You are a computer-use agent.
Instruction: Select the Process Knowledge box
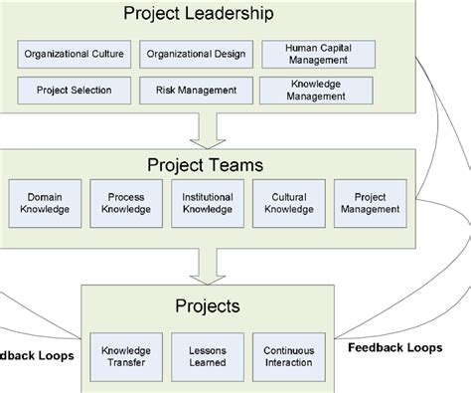pyautogui.click(x=125, y=202)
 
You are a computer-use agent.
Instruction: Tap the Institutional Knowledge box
pyautogui.click(x=207, y=202)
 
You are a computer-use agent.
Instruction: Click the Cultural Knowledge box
pyautogui.click(x=288, y=202)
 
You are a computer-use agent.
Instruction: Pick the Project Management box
pyautogui.click(x=369, y=202)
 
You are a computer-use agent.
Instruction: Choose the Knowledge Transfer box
pyautogui.click(x=126, y=357)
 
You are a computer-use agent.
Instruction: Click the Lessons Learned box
pyautogui.click(x=207, y=357)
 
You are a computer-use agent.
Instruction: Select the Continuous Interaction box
pyautogui.click(x=289, y=357)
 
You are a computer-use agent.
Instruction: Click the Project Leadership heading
pyautogui.click(x=198, y=14)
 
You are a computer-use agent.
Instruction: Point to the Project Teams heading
pyautogui.click(x=206, y=163)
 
